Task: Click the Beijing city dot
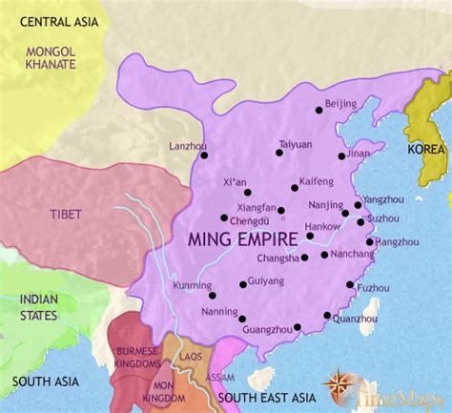pyautogui.click(x=316, y=116)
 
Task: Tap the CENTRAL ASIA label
pyautogui.click(x=43, y=21)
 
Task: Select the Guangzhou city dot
pyautogui.click(x=298, y=327)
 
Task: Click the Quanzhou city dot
pyautogui.click(x=328, y=315)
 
